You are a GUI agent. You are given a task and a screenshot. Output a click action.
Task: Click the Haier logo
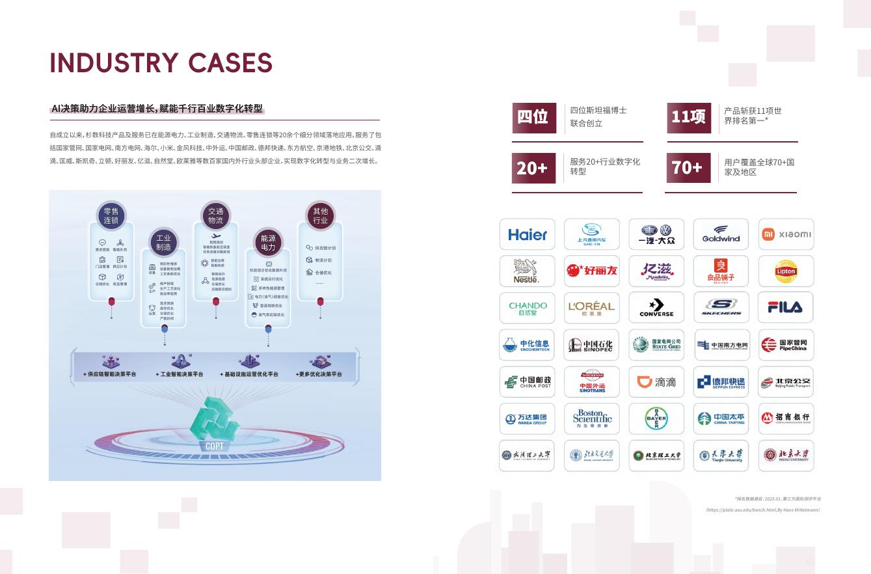point(527,234)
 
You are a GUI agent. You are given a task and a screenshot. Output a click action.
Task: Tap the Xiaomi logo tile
point(786,234)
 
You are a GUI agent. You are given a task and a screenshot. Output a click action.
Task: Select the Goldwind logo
point(721,234)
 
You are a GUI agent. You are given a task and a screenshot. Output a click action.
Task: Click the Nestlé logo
point(526,271)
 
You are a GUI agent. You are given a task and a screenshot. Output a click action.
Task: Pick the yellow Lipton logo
point(786,271)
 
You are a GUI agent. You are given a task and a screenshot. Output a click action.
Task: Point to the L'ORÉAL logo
point(591,307)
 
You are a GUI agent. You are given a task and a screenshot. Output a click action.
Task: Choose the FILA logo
point(786,307)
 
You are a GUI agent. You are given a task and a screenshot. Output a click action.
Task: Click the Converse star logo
point(656,307)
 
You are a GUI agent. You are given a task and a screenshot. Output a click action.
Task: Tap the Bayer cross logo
point(656,418)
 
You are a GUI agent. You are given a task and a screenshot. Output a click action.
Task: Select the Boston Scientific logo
point(592,418)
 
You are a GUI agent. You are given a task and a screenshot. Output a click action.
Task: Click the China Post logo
point(527,382)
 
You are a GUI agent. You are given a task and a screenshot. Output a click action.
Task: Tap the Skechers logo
point(721,307)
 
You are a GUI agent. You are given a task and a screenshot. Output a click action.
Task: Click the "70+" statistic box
point(688,168)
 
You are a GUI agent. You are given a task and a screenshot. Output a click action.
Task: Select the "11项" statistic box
point(688,116)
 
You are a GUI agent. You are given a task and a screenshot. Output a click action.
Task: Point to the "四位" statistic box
point(533,116)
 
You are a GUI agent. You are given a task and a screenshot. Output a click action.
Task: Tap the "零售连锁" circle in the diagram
point(111,215)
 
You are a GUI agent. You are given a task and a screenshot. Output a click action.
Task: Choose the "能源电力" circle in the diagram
point(268,243)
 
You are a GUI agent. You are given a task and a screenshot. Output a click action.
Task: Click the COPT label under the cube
point(214,446)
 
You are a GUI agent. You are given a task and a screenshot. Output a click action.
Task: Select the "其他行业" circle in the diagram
point(320,215)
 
